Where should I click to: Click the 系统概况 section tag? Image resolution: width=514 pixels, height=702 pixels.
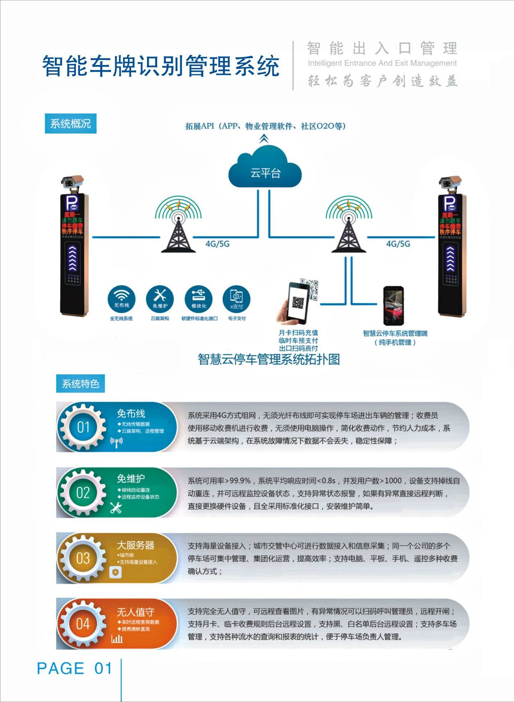coord(70,123)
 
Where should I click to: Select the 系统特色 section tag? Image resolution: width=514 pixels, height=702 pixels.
coord(81,384)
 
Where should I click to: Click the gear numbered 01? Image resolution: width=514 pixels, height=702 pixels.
coord(83,427)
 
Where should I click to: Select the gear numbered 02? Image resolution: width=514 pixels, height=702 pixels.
coord(83,492)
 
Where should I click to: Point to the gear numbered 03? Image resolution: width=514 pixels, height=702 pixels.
coord(83,558)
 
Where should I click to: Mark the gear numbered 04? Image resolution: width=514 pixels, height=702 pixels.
coord(83,624)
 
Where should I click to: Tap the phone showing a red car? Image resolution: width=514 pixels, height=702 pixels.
coord(393,306)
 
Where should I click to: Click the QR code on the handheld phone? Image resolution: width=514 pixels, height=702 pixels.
coord(298,303)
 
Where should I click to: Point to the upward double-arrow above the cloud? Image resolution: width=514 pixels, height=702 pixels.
coord(264,139)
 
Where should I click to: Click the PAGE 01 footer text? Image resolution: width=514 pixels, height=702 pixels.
coord(74,668)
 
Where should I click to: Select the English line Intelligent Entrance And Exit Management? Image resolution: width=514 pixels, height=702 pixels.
coord(382,63)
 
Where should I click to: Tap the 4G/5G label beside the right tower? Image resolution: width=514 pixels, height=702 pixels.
coord(398,244)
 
